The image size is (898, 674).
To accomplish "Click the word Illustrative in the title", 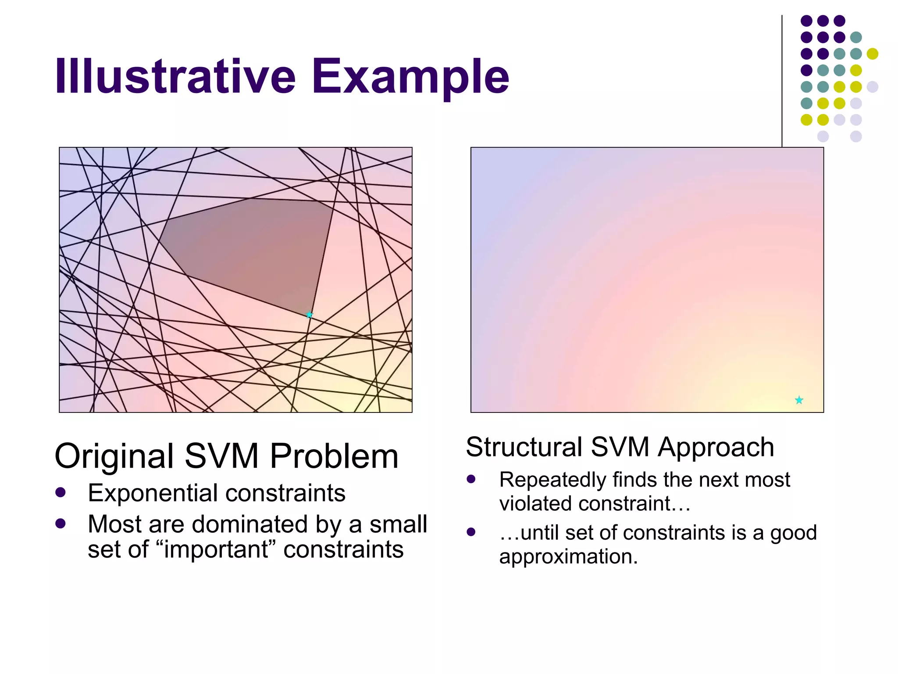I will click(175, 77).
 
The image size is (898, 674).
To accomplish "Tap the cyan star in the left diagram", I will click(309, 315).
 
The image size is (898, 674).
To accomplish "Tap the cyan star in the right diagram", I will click(799, 400).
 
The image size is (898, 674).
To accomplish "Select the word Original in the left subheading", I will click(114, 456).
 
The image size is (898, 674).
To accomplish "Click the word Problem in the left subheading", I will click(334, 456).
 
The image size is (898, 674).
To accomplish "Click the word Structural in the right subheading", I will click(524, 448).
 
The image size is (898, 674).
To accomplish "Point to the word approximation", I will click(568, 557).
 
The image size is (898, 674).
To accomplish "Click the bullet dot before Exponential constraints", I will click(61, 492).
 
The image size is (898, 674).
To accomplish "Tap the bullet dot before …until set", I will click(471, 532).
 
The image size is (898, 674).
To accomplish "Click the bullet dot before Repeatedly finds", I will click(471, 479).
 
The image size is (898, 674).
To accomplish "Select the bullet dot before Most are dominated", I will click(61, 523).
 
